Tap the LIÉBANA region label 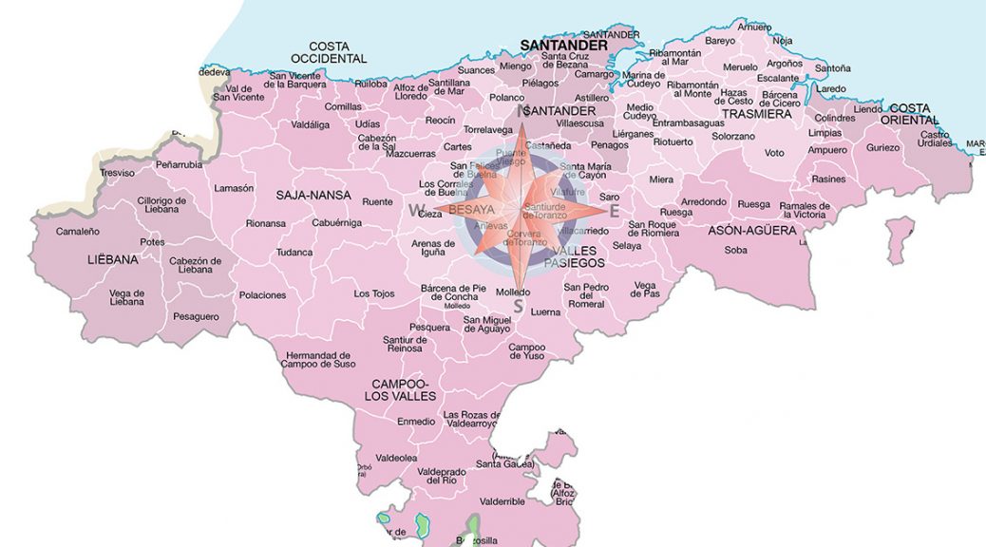[113, 258]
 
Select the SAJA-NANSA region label [313, 196]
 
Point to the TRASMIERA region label [756, 114]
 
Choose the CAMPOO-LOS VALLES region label [404, 389]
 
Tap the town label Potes [152, 242]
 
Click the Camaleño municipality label [78, 231]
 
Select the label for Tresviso [117, 173]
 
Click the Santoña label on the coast [833, 68]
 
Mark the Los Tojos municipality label [374, 293]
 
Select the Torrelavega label [488, 129]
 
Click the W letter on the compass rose [416, 210]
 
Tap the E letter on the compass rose [614, 211]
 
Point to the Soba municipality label [735, 251]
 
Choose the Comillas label [342, 106]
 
